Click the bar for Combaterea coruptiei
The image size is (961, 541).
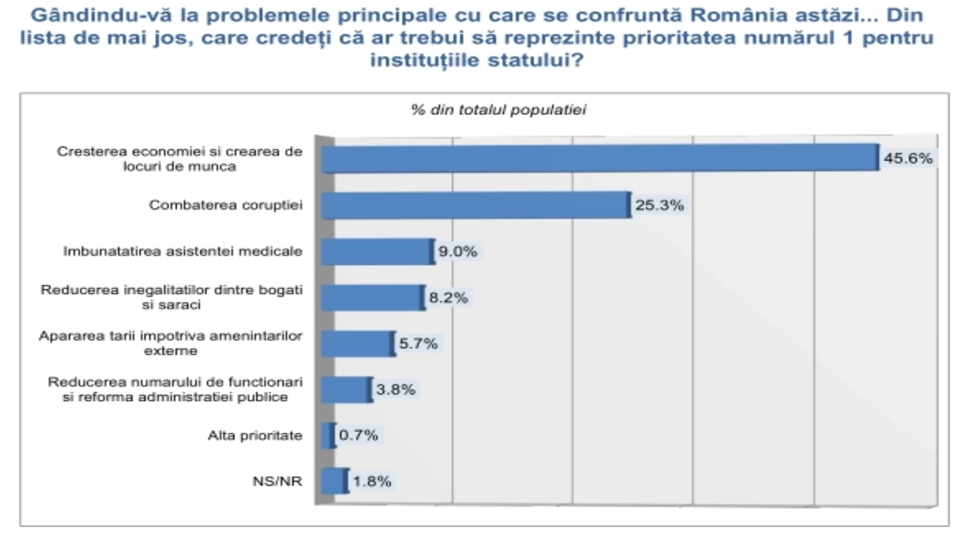coord(474,206)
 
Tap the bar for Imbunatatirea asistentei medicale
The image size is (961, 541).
coord(376,252)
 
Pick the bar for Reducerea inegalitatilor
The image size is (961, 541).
coord(372,298)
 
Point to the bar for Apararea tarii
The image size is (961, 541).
coord(357,344)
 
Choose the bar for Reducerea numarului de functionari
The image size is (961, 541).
coord(345,390)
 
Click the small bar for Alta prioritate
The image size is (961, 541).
coord(327,436)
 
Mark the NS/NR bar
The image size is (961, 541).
coord(333,481)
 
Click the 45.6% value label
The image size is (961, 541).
coord(908,159)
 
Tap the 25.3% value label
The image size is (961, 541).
coord(659,206)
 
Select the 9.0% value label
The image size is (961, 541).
coord(458,252)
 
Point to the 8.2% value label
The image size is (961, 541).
coord(448,298)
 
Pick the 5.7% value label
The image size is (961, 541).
coord(419,344)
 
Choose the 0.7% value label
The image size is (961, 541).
coord(359,435)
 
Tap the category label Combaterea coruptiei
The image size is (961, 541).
coord(226,206)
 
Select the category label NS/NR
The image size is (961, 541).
coord(277,481)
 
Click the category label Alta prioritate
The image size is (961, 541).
coord(255,435)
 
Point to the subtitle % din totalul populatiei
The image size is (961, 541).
coord(499,110)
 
